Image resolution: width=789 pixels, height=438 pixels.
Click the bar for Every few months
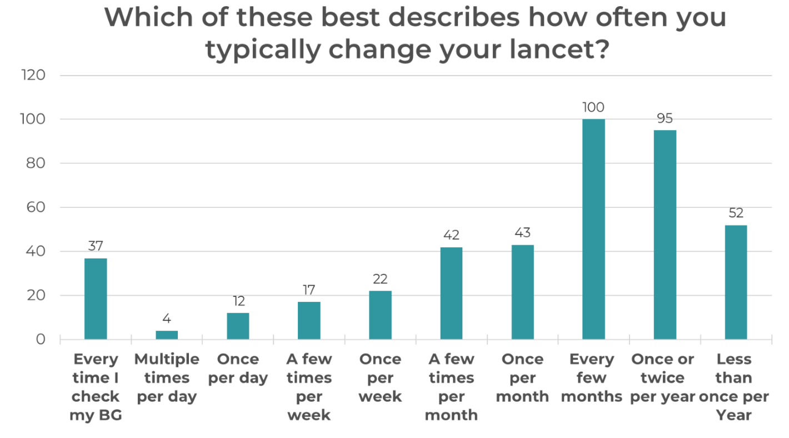593,229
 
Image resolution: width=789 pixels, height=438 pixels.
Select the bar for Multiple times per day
167,335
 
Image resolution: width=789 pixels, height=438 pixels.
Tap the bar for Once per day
238,326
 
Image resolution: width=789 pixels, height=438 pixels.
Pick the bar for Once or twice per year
665,235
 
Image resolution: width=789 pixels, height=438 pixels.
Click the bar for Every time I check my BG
96,298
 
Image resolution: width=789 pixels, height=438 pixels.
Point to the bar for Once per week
380,315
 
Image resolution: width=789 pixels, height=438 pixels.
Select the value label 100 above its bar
593,107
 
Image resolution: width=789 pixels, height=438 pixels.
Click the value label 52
736,213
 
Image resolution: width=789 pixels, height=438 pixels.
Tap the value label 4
167,319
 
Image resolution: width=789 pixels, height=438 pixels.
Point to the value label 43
522,233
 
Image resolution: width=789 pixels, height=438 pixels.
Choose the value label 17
309,290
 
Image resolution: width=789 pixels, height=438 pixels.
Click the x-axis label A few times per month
451,387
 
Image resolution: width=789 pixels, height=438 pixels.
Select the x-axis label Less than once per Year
733,387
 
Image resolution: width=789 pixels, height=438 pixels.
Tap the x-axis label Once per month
522,378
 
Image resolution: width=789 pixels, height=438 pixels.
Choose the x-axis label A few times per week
309,387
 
